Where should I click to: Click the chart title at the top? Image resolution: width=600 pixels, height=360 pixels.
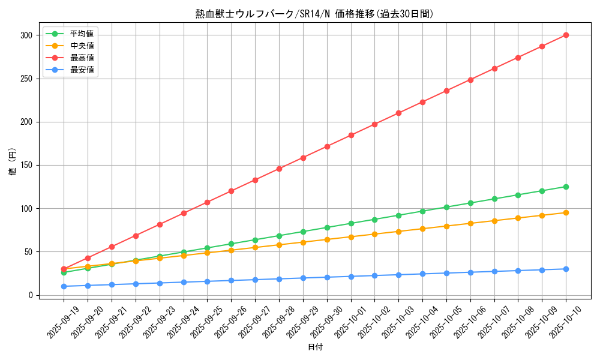pyautogui.click(x=314, y=14)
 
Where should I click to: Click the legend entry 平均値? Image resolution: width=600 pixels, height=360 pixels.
pyautogui.click(x=82, y=34)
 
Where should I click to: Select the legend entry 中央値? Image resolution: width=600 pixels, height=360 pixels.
pyautogui.click(x=82, y=46)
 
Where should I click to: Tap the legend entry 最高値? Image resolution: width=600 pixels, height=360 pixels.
pyautogui.click(x=82, y=58)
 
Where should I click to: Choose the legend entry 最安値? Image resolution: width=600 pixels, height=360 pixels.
pyautogui.click(x=82, y=70)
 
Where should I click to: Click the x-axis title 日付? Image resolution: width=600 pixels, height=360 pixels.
pyautogui.click(x=314, y=347)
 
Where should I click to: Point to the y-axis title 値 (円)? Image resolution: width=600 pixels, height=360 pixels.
pyautogui.click(x=12, y=162)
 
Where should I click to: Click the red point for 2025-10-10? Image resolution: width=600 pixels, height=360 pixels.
pyautogui.click(x=566, y=35)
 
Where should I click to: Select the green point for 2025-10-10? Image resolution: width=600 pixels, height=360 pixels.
pyautogui.click(x=566, y=187)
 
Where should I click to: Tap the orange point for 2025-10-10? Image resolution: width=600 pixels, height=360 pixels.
pyautogui.click(x=566, y=212)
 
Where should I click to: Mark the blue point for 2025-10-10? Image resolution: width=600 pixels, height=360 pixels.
pyautogui.click(x=566, y=269)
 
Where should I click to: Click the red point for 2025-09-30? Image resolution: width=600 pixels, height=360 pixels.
pyautogui.click(x=327, y=146)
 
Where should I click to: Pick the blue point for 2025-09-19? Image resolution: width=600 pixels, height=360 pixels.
pyautogui.click(x=64, y=286)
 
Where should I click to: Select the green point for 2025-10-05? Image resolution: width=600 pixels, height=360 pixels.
pyautogui.click(x=446, y=207)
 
